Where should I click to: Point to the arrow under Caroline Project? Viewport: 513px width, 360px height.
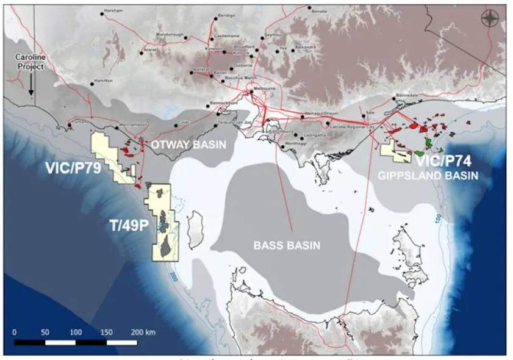[30, 83]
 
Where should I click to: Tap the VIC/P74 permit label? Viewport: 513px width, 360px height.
[444, 161]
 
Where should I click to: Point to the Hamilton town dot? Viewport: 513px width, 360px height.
[93, 83]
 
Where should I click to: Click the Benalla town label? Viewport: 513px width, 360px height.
[320, 11]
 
